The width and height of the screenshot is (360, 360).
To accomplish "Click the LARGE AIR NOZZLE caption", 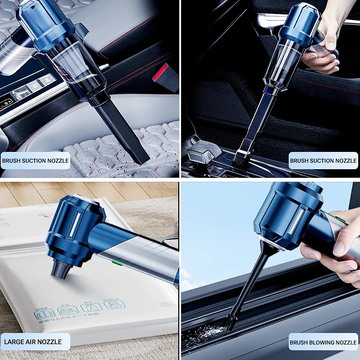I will click(x=33, y=342).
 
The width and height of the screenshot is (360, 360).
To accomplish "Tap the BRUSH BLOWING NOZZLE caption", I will click(x=323, y=342).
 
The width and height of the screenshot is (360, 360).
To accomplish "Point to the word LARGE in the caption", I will click(x=14, y=342).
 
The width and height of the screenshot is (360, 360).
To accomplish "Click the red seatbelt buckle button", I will click(x=160, y=72).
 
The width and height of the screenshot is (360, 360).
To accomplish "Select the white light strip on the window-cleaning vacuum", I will click(x=296, y=221).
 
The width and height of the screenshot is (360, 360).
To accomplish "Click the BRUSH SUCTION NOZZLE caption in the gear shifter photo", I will click(x=323, y=161).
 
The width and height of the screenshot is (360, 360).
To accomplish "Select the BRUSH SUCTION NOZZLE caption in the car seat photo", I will click(x=35, y=161).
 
